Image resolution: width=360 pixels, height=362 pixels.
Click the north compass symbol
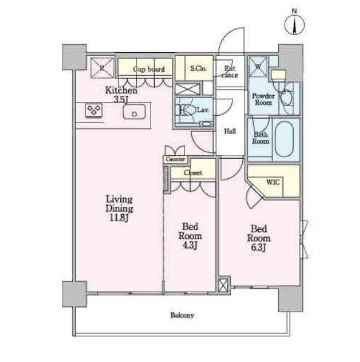(294, 24)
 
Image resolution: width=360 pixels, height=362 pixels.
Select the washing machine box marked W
(258, 67)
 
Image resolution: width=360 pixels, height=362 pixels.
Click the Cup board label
(149, 69)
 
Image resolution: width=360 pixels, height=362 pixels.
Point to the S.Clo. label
(199, 69)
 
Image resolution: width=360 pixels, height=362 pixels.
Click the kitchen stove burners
(93, 110)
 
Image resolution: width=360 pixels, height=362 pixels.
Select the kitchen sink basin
(134, 112)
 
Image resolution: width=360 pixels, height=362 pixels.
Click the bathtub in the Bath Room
(284, 139)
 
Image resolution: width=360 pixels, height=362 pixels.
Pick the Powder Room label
(263, 99)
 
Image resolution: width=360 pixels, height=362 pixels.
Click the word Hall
(230, 131)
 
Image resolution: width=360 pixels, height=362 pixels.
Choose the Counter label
(175, 159)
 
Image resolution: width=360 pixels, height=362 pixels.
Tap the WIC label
(273, 182)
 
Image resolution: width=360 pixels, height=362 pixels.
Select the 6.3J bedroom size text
(258, 248)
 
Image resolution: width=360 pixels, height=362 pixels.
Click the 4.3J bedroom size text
(189, 246)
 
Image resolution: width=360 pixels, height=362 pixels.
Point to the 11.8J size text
(118, 218)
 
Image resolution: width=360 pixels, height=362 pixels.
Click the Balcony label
(182, 315)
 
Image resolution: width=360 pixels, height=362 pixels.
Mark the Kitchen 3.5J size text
(121, 99)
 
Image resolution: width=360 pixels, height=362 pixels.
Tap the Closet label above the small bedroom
(193, 173)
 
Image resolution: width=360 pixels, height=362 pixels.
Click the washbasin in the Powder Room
(287, 97)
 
